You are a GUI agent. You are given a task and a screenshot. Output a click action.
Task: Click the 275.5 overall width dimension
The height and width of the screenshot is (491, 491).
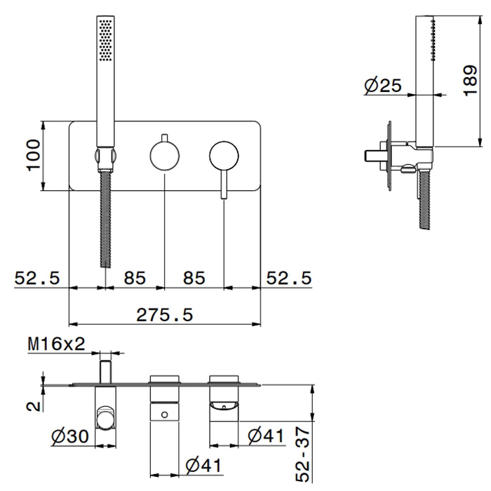click(164, 315)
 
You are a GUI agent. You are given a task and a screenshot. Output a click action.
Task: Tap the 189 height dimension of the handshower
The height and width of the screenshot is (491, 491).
click(470, 81)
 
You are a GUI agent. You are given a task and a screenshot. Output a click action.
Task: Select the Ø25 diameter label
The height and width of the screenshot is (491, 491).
click(383, 85)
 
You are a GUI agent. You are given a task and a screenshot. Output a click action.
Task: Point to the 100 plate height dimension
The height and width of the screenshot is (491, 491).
click(34, 156)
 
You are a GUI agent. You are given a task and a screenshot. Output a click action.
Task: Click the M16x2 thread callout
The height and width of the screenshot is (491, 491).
click(56, 344)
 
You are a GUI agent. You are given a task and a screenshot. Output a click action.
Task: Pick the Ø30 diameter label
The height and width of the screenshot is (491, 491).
click(70, 436)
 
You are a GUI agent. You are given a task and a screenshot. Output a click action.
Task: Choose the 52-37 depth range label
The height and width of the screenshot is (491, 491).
click(303, 455)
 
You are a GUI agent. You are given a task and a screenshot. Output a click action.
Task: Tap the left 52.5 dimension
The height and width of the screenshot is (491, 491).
click(37, 278)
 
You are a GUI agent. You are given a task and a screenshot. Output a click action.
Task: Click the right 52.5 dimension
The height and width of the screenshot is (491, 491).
click(289, 278)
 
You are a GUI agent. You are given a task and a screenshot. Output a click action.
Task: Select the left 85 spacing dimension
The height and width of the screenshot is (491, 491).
click(135, 278)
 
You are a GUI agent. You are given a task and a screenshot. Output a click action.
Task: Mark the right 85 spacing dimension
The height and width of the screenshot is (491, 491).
click(194, 278)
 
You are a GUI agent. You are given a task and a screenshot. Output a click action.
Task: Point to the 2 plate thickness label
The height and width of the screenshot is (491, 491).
click(34, 406)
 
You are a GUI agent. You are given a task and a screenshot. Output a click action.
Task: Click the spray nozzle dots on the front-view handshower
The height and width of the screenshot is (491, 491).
click(105, 41)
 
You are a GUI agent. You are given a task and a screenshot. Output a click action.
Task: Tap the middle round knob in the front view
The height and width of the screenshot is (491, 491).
click(165, 156)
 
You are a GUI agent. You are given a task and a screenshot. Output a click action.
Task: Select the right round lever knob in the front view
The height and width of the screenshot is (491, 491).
click(224, 156)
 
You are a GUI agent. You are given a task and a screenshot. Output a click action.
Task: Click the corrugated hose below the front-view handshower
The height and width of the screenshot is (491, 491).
click(105, 219)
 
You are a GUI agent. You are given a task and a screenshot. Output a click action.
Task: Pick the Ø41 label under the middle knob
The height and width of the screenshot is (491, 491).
click(203, 466)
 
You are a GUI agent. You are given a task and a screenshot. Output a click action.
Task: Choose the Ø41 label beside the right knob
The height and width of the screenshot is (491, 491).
click(266, 436)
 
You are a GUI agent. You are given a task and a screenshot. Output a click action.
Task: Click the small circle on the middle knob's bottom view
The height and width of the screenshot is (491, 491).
click(165, 415)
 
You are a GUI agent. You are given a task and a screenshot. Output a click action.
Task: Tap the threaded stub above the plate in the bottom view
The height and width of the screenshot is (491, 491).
click(105, 372)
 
